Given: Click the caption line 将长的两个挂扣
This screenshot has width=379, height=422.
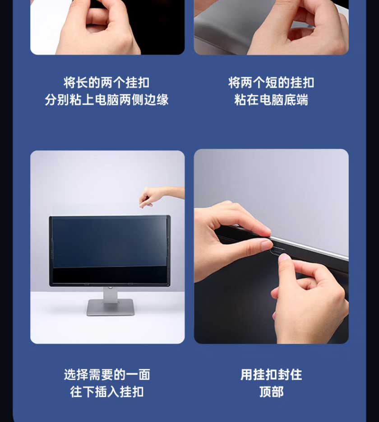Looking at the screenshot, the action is [x=106, y=83].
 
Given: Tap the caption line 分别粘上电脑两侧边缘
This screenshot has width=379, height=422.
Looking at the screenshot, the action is [x=106, y=100].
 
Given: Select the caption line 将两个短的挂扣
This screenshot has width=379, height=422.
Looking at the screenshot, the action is [x=271, y=83].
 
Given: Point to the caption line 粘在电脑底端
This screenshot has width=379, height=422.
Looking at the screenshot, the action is [x=271, y=100].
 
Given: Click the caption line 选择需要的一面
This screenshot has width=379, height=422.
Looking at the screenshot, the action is [x=107, y=375].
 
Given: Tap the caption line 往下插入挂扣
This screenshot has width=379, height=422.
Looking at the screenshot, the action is [x=107, y=392].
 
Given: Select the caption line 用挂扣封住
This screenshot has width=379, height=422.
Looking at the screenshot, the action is [x=271, y=375].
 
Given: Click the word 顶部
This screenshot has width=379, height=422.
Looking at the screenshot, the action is [x=271, y=392].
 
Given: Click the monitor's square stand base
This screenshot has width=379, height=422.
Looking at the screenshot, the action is [x=111, y=307].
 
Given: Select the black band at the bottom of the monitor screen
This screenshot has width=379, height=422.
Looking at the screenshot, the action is [x=110, y=276].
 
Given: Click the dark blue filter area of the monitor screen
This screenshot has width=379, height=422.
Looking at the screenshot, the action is [x=110, y=243].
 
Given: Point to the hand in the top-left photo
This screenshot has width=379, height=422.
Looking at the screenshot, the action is [x=97, y=27].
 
